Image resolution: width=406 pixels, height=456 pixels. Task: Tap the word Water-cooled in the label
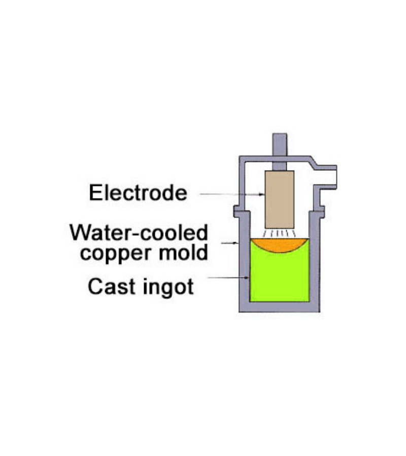pyautogui.click(x=139, y=233)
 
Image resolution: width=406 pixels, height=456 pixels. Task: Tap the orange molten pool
pyautogui.click(x=280, y=244)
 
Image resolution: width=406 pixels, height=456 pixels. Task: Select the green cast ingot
pyautogui.click(x=280, y=276)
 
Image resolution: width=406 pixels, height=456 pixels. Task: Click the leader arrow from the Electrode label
pyautogui.click(x=231, y=194)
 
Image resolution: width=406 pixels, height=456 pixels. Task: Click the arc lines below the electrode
pyautogui.click(x=280, y=233)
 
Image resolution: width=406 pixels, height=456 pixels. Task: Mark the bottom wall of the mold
pyautogui.click(x=280, y=307)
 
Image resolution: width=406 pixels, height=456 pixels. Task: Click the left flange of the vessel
pyautogui.click(x=237, y=210)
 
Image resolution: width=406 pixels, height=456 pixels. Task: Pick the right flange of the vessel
pyautogui.click(x=321, y=210)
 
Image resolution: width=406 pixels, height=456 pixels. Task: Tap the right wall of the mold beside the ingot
pyautogui.click(x=315, y=269)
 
